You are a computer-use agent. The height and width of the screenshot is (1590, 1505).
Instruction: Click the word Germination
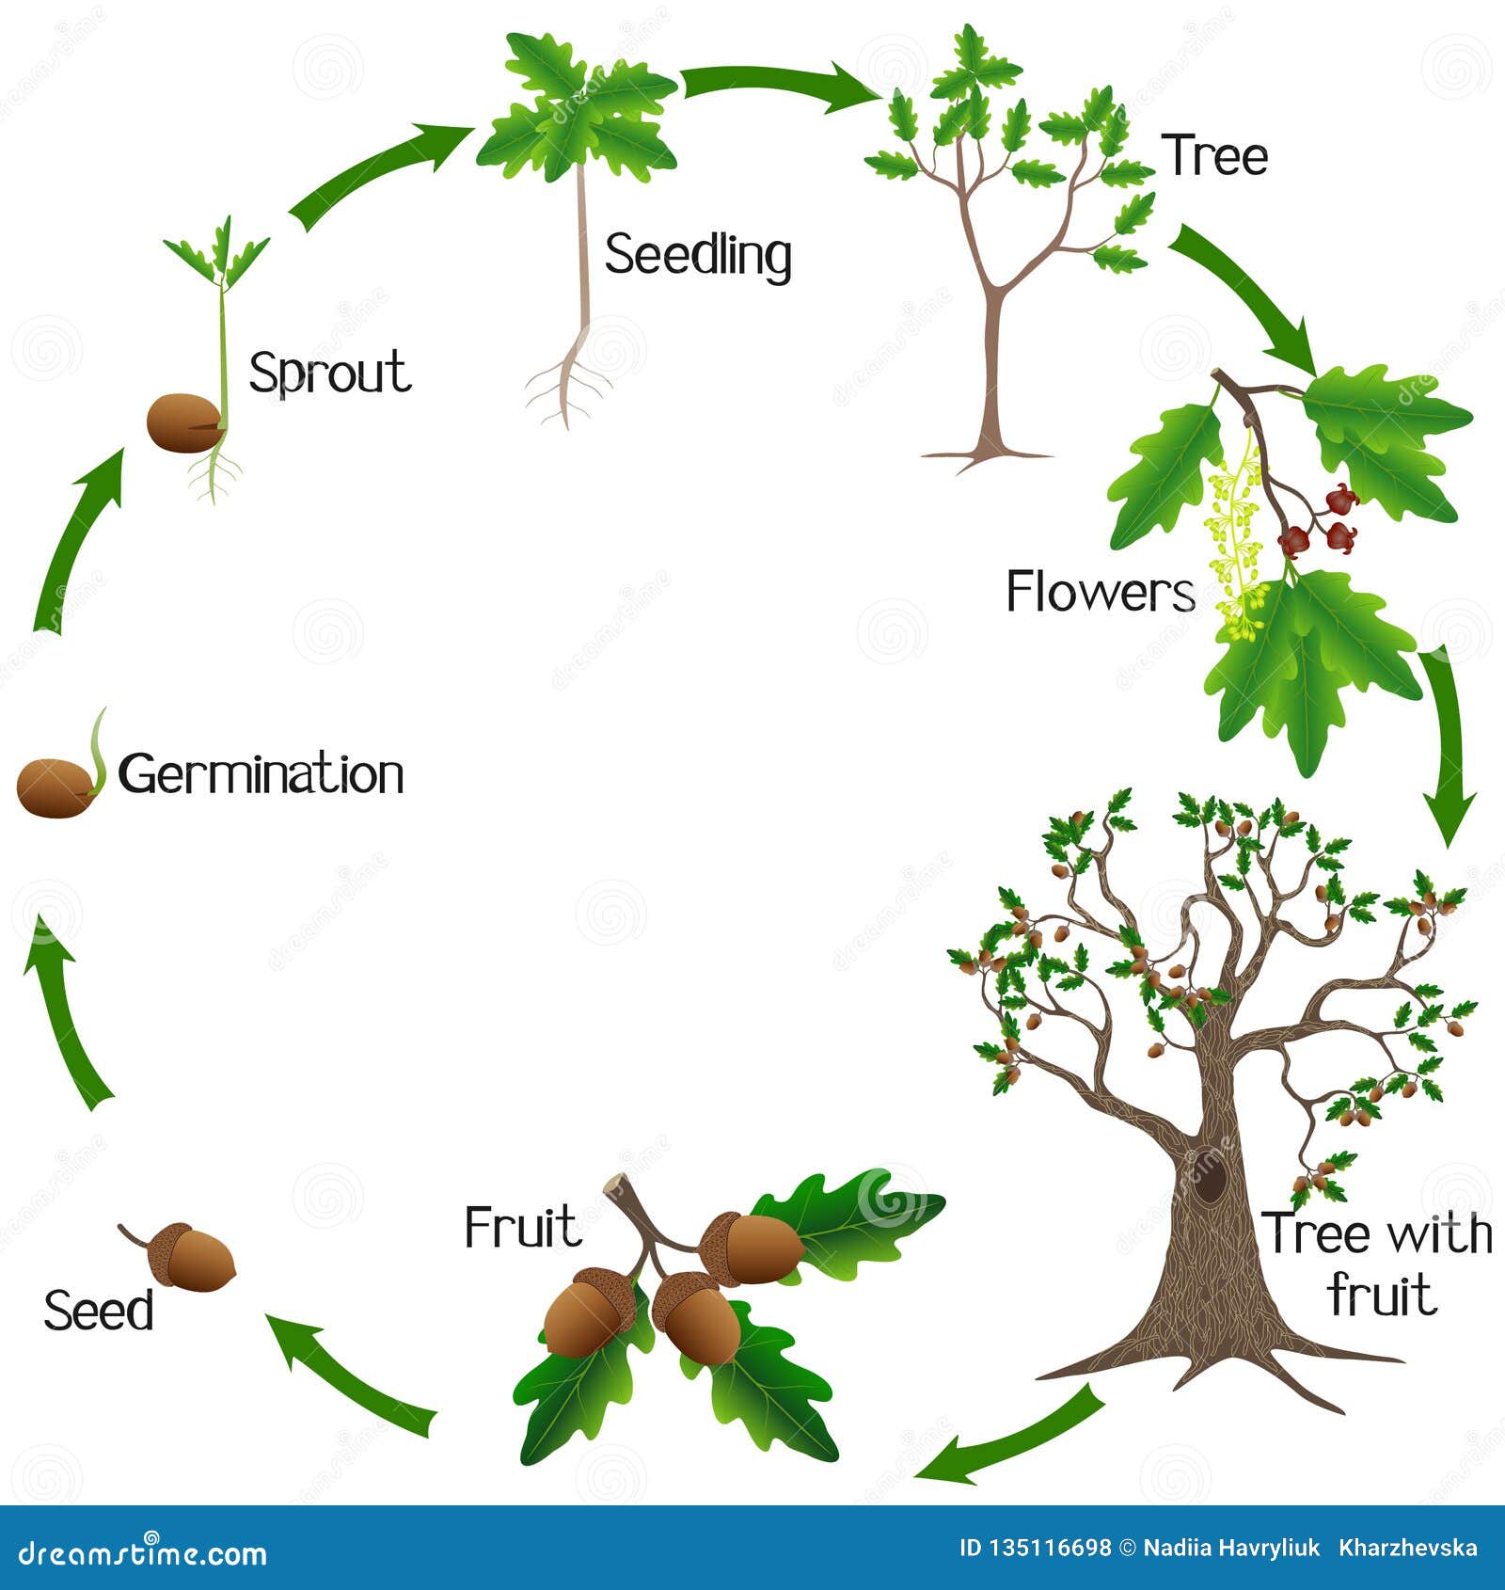(x=261, y=775)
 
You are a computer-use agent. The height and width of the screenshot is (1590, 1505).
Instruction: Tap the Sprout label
(x=330, y=374)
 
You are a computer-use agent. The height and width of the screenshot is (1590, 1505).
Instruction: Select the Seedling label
(x=698, y=255)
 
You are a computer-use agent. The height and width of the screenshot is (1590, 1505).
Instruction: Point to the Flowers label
(x=1101, y=592)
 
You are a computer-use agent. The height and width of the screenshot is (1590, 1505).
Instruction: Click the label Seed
(x=99, y=1311)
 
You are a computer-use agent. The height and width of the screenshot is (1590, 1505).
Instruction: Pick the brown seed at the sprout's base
(x=185, y=422)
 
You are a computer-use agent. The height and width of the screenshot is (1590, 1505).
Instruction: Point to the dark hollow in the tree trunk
(x=1210, y=1176)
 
